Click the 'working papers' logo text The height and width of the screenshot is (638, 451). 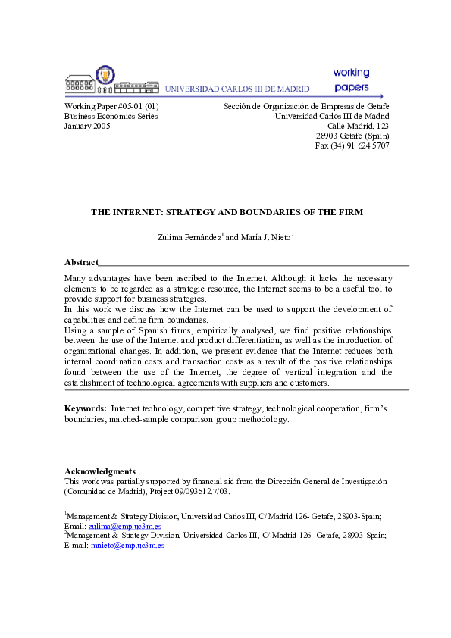pyautogui.click(x=351, y=80)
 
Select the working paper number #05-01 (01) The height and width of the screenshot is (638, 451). pyautogui.click(x=111, y=107)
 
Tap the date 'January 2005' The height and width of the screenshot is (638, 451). pyautogui.click(x=87, y=127)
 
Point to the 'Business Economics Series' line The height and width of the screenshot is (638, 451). pyautogui.click(x=111, y=117)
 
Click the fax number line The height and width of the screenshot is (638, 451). pyautogui.click(x=352, y=145)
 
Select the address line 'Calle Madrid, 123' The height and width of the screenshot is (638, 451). pyautogui.click(x=358, y=126)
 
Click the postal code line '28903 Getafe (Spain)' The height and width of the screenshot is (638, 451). pyautogui.click(x=352, y=136)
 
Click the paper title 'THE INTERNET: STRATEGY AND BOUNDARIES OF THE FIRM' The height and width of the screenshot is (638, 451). pyautogui.click(x=227, y=212)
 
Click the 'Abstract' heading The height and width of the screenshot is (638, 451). pyautogui.click(x=81, y=262)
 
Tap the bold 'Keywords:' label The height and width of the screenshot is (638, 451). pyautogui.click(x=86, y=408)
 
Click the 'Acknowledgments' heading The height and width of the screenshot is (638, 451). pyautogui.click(x=100, y=471)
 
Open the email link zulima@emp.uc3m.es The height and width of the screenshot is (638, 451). pyautogui.click(x=125, y=526)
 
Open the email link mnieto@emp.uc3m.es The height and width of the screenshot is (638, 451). pyautogui.click(x=127, y=545)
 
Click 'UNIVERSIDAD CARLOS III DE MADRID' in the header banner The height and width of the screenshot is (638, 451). pyautogui.click(x=236, y=89)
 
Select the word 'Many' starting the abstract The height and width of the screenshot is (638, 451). pyautogui.click(x=77, y=278)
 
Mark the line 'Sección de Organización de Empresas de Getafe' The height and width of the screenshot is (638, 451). pyautogui.click(x=306, y=107)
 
